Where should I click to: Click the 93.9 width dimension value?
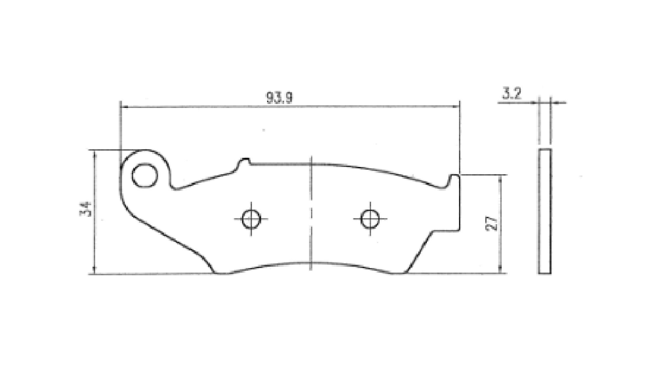pos(279,98)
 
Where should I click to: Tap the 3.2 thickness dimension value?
pos(511,94)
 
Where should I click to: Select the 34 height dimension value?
pos(85,209)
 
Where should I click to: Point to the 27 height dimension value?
pos(493,223)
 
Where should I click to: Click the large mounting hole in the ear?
pos(145,176)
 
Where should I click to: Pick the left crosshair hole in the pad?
pos(251,219)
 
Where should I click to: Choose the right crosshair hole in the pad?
pos(370,218)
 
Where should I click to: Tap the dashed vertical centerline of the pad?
pos(311,213)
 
